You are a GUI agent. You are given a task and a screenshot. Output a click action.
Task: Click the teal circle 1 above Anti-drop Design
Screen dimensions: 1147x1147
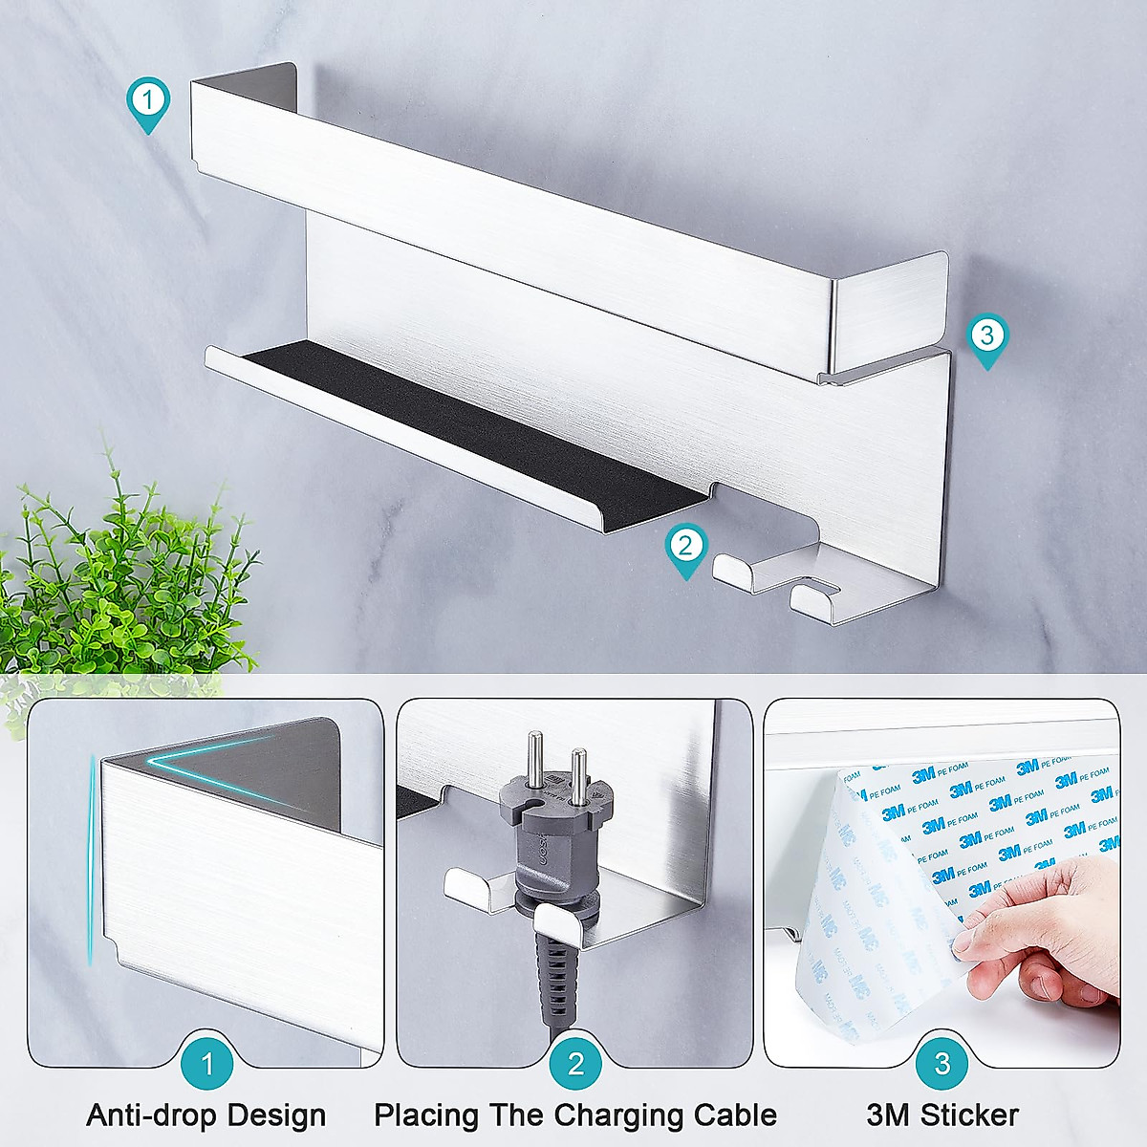[207, 1063]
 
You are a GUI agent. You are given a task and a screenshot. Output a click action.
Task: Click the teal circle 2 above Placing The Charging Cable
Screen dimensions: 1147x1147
[575, 1063]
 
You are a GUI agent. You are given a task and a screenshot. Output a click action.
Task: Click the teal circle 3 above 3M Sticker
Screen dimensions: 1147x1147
[942, 1063]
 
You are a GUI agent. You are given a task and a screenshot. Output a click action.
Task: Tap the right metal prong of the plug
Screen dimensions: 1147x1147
[578, 774]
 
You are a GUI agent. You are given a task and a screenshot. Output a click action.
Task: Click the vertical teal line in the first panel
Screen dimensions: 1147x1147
[92, 860]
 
